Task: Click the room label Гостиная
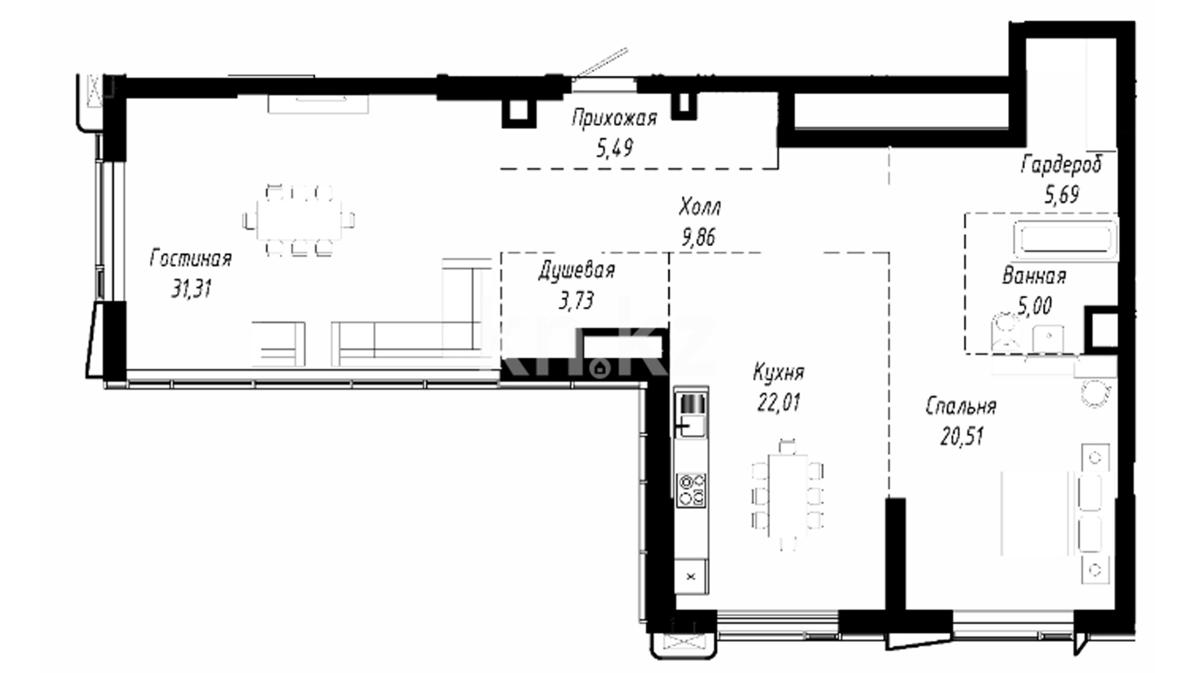click(x=191, y=259)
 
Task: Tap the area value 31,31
click(x=192, y=289)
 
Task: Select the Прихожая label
click(x=614, y=118)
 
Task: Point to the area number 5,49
click(x=614, y=148)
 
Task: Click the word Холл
click(x=700, y=206)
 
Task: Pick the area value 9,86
click(x=698, y=237)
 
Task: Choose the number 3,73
click(x=576, y=301)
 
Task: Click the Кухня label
click(x=779, y=373)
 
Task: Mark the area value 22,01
click(x=779, y=403)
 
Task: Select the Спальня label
click(x=961, y=406)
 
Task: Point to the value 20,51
click(x=961, y=436)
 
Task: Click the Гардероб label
click(x=1062, y=164)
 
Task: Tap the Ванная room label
click(x=1034, y=276)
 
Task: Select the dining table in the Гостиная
click(x=299, y=220)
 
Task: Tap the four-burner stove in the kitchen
click(x=691, y=489)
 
